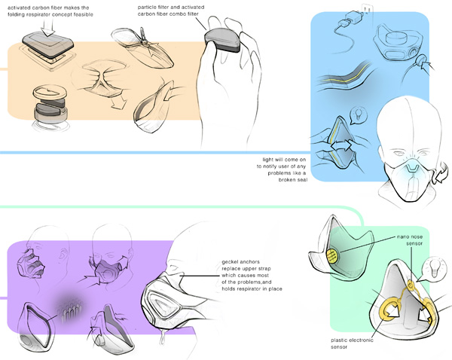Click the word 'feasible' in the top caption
pos(83,14)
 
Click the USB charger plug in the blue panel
pos(351,18)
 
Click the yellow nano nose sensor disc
pos(332,255)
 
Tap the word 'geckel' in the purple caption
pos(230,262)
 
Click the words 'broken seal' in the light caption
pos(292,179)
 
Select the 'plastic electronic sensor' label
pos(352,343)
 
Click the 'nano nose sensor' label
pos(410,239)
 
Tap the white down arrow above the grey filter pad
pos(47,29)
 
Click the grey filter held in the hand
pos(222,40)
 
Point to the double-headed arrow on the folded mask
pos(341,145)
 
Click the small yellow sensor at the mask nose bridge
pos(411,286)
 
